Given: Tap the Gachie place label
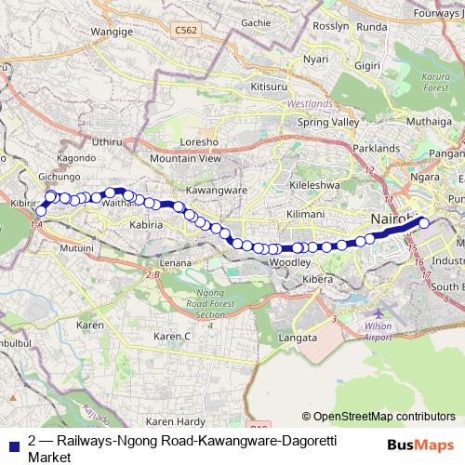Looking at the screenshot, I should point(255,22).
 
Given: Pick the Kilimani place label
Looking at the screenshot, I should point(305,214).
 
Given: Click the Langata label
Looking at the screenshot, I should point(298,338).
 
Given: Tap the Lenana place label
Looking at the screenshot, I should point(176,263).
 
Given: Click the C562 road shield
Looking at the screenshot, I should point(187,31).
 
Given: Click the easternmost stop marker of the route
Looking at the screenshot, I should point(424,221).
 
